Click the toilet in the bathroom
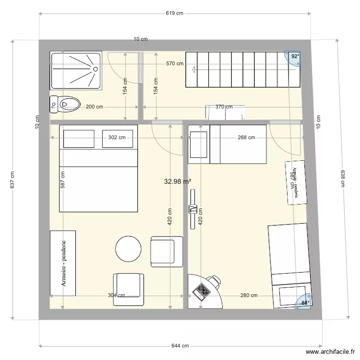click(x=65, y=103)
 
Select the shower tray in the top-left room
click(x=76, y=71)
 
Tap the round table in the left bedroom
click(x=128, y=249)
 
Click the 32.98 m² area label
click(x=178, y=181)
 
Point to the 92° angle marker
click(x=294, y=57)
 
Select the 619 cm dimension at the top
click(x=175, y=13)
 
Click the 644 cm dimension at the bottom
click(x=180, y=346)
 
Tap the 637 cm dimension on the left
click(x=12, y=180)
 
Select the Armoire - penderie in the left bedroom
click(x=63, y=263)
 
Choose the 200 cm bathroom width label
click(x=94, y=107)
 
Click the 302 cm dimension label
click(x=117, y=138)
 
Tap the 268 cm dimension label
click(x=246, y=138)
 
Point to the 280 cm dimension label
click(x=249, y=296)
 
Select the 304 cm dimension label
click(x=116, y=296)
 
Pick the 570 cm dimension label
click(x=175, y=63)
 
